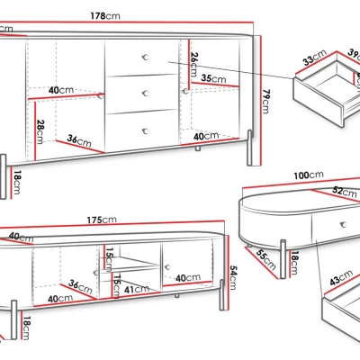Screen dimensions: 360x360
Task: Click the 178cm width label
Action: click(x=105, y=15)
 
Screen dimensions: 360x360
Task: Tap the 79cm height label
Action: click(x=265, y=102)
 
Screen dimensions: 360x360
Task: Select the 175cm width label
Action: click(x=102, y=220)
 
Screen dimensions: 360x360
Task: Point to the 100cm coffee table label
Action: click(x=309, y=175)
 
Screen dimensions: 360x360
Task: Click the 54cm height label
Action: click(x=233, y=277)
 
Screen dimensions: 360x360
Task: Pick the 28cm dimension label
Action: click(x=40, y=131)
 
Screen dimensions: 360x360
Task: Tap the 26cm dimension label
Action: click(x=194, y=65)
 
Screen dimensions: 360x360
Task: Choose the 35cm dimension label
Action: click(x=213, y=78)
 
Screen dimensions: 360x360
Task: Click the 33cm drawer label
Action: click(x=315, y=57)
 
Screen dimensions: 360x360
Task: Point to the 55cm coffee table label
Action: click(x=266, y=259)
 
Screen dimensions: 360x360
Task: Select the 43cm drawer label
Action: click(x=341, y=277)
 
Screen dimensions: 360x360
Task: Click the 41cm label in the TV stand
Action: click(x=137, y=289)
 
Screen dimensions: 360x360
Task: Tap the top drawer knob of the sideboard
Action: click(x=146, y=57)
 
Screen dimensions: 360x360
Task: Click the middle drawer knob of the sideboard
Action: click(x=146, y=94)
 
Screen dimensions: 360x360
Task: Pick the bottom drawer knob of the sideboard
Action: click(x=146, y=131)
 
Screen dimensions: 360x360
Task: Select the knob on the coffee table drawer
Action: click(x=344, y=224)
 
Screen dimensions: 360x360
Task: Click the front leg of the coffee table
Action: click(x=283, y=259)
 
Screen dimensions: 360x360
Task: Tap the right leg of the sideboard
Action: click(x=249, y=148)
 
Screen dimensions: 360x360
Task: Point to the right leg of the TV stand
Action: click(x=222, y=295)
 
